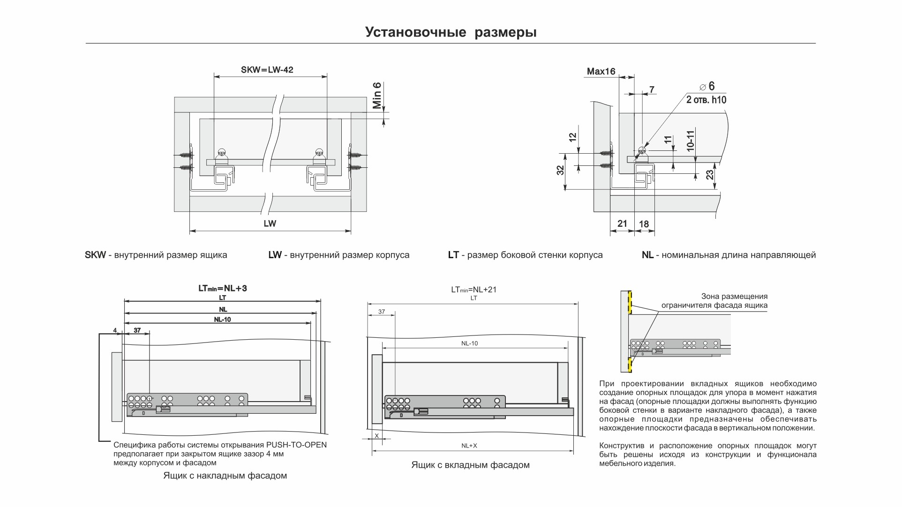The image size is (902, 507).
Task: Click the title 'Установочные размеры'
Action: point(451,32)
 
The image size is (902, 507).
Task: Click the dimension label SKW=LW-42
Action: point(267,70)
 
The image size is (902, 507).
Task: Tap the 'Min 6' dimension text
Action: point(377,96)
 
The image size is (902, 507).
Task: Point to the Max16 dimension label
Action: point(601,72)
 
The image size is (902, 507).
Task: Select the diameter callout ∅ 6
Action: point(707,87)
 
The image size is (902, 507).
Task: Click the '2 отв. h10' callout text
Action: point(706,100)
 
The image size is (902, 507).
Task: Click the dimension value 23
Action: point(710,175)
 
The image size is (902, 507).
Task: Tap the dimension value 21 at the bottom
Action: point(622,224)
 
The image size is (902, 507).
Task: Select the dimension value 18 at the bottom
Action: point(644,224)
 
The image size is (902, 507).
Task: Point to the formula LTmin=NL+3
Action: point(222,288)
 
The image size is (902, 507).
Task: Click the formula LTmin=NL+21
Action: point(474,290)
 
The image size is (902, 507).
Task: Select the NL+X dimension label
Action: point(469,446)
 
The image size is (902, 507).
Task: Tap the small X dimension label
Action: point(376,436)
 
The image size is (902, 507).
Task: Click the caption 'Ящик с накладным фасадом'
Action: point(225,476)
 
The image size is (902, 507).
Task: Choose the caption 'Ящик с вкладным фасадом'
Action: point(470,465)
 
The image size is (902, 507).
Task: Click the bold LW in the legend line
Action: point(275,255)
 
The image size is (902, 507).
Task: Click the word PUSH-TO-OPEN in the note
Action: point(296,445)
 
